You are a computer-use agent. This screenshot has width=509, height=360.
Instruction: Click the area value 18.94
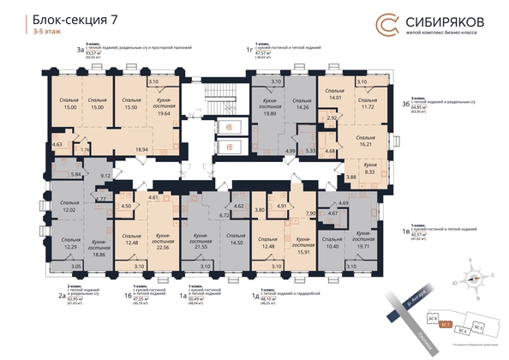coord(167,147)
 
